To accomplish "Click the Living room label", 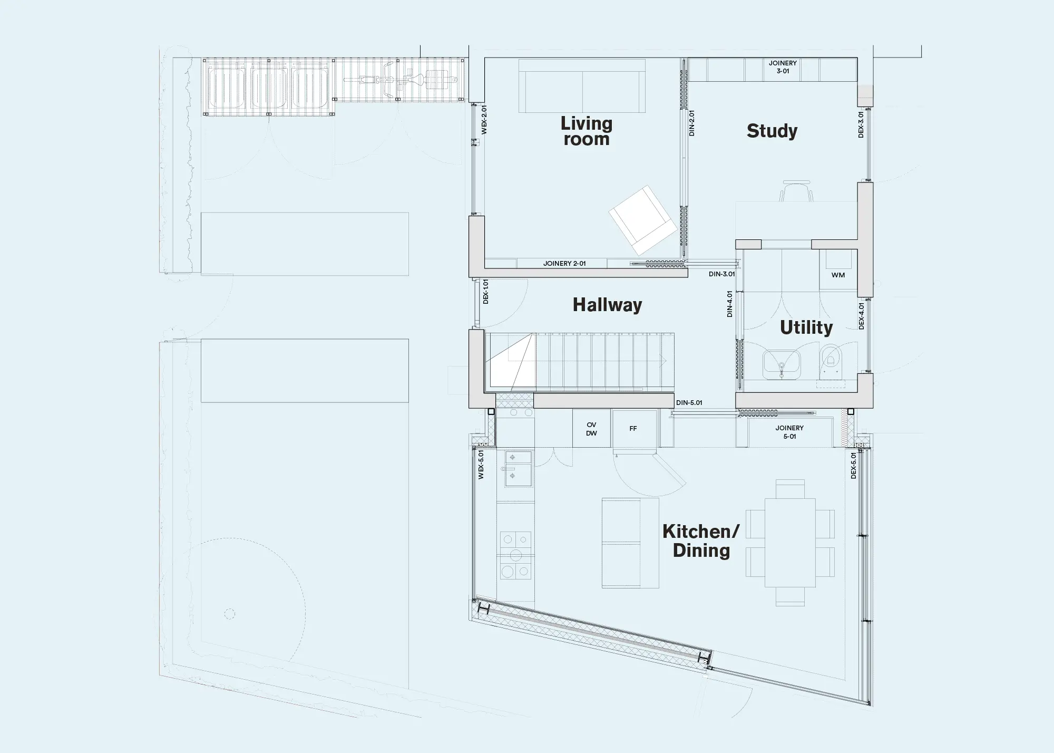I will (x=586, y=131).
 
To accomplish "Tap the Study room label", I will (x=772, y=131).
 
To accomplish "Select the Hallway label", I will (x=607, y=305).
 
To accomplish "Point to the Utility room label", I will (x=806, y=327).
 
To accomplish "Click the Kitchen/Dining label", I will (x=701, y=541).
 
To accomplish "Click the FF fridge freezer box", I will (x=633, y=429).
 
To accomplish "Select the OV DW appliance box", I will (x=591, y=429).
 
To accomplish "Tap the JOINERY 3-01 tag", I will (x=783, y=67).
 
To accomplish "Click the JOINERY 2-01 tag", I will (x=564, y=263).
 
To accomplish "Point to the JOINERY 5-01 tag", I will (x=789, y=432).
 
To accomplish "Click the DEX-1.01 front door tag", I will (x=486, y=292).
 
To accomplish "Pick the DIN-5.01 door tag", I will (x=689, y=403).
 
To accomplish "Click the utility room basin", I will (x=782, y=364).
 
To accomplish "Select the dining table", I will (x=790, y=543).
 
